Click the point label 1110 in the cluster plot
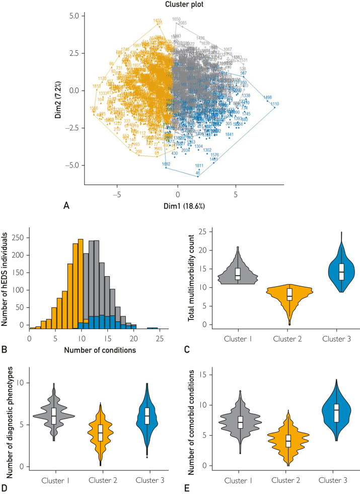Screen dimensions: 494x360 click(x=274, y=104)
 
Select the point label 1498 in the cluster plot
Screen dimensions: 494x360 click(x=267, y=98)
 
